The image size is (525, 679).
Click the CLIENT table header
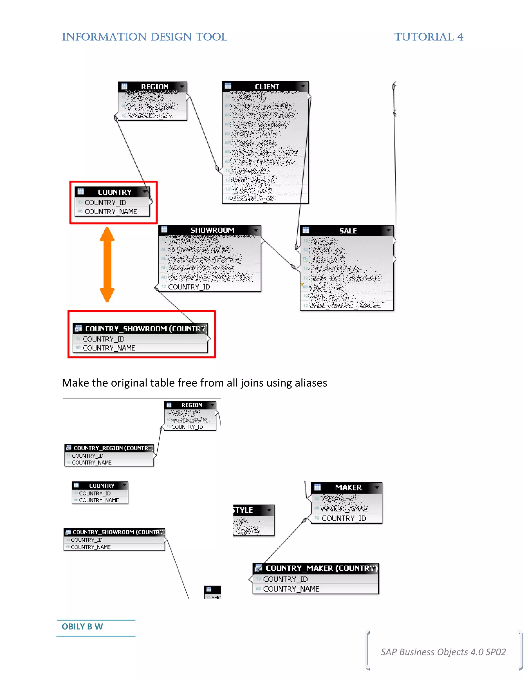tap(267, 86)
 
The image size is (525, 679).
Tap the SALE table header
tap(347, 231)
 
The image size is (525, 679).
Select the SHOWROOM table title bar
tap(212, 230)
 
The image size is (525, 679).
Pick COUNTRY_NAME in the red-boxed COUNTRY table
tap(110, 211)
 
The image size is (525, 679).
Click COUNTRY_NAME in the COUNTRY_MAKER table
tap(291, 589)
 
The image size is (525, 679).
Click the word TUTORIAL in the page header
tap(423, 37)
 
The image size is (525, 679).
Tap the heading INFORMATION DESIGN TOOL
tap(145, 37)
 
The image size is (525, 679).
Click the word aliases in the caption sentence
tap(311, 383)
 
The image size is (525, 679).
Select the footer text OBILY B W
tap(82, 626)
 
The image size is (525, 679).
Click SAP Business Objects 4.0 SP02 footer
tap(443, 652)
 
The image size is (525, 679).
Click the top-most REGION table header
tap(154, 86)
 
